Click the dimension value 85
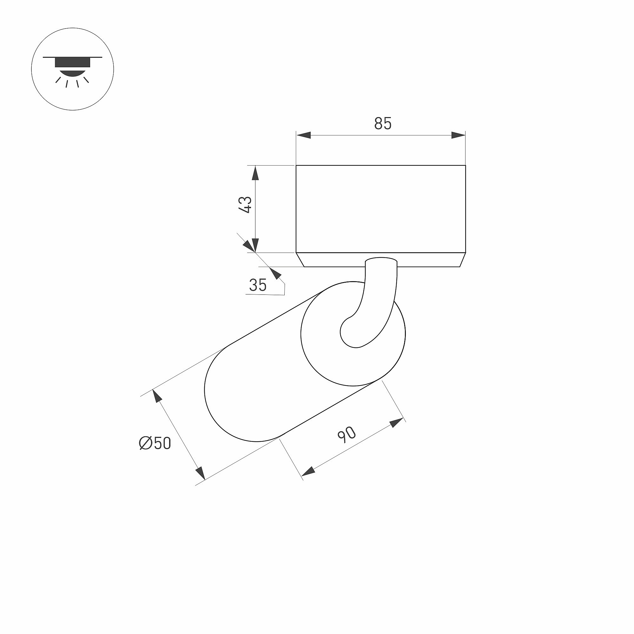tap(383, 123)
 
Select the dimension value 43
tap(245, 205)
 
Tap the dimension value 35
tap(258, 285)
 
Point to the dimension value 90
tap(347, 435)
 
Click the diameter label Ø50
tap(155, 443)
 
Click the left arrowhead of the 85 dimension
tap(303, 135)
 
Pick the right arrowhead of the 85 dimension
tap(459, 135)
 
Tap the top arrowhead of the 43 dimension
tap(255, 173)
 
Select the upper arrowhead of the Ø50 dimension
tap(157, 396)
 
